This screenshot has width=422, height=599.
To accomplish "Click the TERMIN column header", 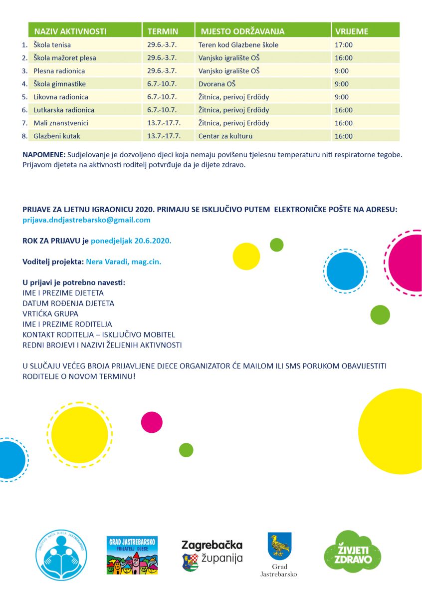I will pos(163,31).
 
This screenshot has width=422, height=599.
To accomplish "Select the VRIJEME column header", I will pos(352,31).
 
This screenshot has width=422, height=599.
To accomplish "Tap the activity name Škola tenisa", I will pos(52,45).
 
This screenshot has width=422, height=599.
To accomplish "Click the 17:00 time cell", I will pos(344,45).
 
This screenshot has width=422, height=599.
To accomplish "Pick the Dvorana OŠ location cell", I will pos(217,84).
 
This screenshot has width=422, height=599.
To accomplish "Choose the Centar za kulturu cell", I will pos(225,136).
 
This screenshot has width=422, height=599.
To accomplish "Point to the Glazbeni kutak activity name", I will pos(57,136).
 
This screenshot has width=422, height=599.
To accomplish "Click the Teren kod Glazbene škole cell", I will pos(238,45).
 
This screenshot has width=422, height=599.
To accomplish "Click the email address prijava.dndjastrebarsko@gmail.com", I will pos(86,220).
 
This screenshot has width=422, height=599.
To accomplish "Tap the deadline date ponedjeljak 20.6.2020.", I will pos(131,240).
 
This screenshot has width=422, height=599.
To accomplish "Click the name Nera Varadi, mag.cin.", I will pos(124,261).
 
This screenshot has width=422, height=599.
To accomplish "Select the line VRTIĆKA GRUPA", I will pos(50,313).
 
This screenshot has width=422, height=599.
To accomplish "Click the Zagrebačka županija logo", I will pos(212,554).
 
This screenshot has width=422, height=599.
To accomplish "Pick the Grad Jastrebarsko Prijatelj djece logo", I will pos(132,555).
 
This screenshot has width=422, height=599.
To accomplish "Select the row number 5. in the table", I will pos(24,97).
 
